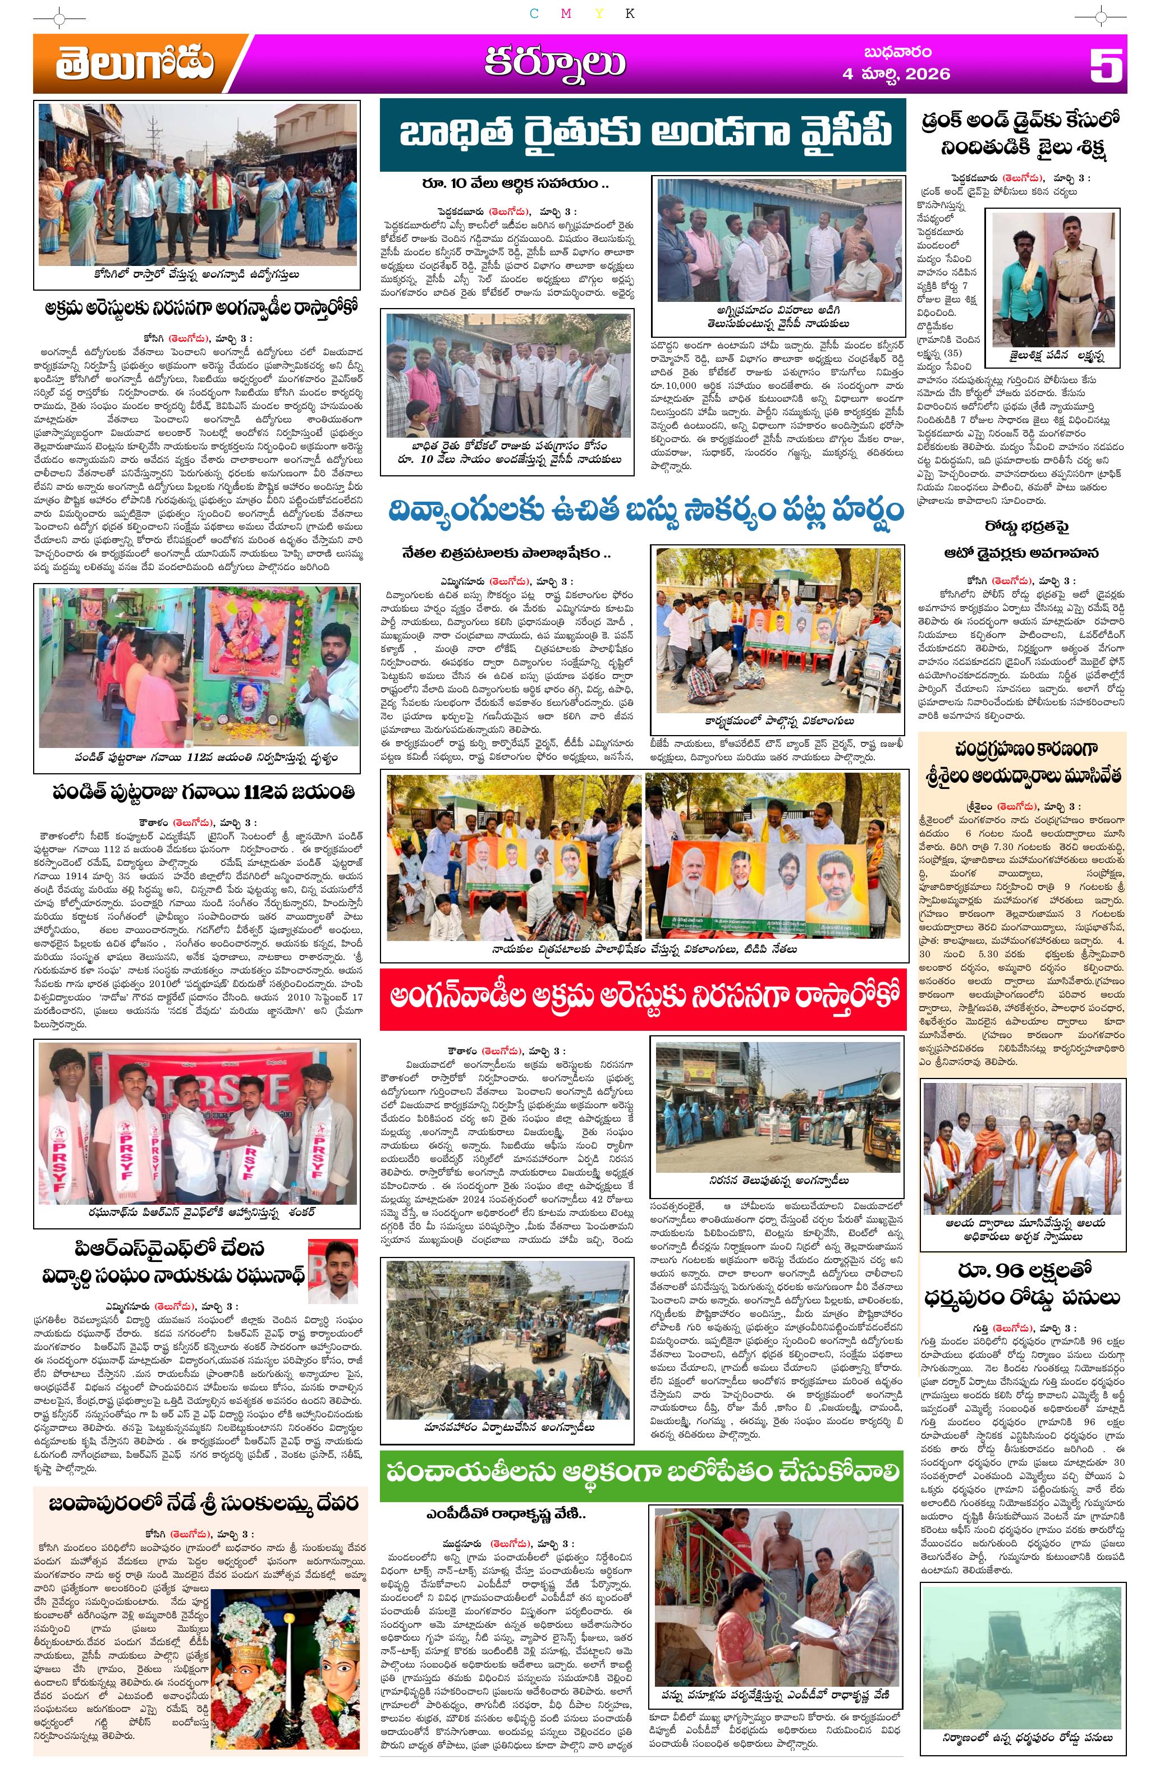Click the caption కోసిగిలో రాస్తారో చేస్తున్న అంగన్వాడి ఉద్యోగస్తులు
pos(197,276)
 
